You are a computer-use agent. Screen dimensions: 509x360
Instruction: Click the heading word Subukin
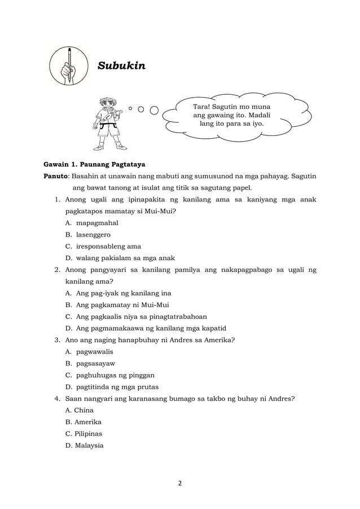(x=121, y=66)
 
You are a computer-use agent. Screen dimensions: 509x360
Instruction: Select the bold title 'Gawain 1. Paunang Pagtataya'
(x=95, y=165)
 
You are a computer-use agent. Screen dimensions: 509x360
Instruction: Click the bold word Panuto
(x=57, y=176)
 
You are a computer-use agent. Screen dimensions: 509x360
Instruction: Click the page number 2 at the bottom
(x=180, y=482)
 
